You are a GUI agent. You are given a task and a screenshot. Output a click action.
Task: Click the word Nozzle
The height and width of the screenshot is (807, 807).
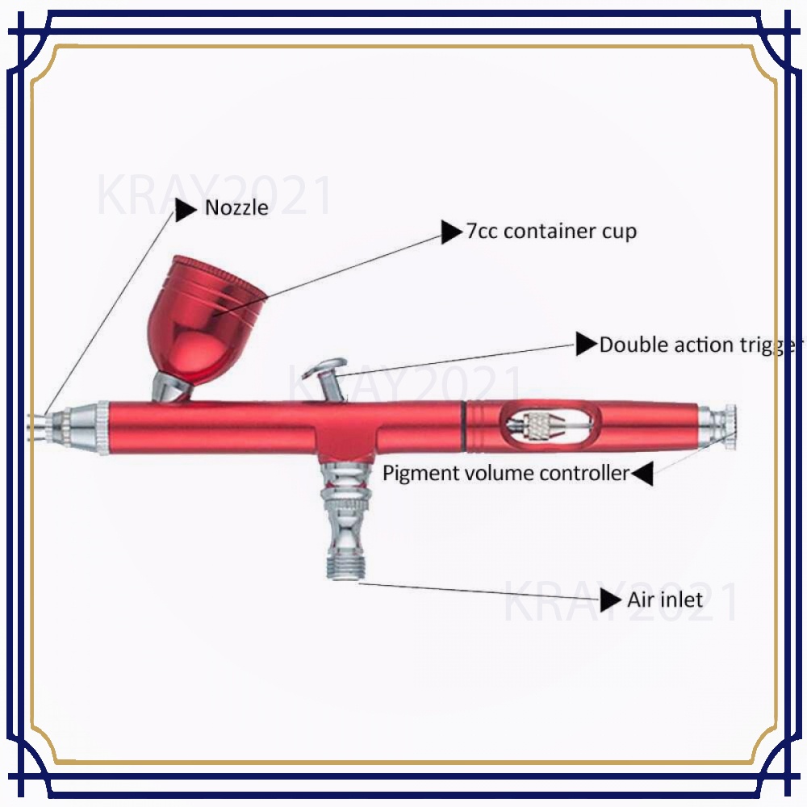(x=236, y=208)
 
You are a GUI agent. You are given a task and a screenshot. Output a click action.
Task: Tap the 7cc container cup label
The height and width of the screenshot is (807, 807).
(x=551, y=232)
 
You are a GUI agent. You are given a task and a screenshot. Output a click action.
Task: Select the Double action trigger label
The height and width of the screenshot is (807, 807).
(x=700, y=345)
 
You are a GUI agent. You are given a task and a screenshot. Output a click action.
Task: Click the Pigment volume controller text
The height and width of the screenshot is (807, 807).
(x=505, y=473)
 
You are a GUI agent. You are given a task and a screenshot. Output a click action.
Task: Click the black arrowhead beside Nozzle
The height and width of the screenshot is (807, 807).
(x=186, y=210)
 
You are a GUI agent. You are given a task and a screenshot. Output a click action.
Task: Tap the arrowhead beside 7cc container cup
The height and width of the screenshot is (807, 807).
(x=451, y=232)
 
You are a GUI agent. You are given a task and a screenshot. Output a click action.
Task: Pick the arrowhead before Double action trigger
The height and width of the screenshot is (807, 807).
(x=587, y=345)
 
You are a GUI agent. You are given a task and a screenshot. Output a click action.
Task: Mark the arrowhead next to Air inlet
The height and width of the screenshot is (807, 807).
(x=611, y=600)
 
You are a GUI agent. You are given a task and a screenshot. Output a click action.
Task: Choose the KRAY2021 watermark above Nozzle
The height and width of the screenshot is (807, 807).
(x=214, y=196)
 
